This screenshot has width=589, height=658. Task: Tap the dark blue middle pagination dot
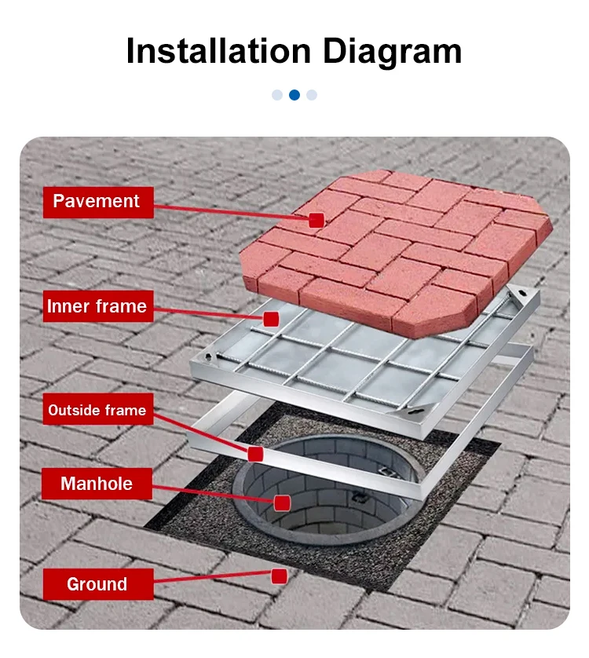(x=294, y=95)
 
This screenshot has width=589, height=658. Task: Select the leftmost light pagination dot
(x=277, y=95)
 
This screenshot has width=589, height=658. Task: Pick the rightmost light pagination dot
(x=312, y=95)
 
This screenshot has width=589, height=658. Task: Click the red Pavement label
(x=97, y=202)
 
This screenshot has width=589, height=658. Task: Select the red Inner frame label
(x=97, y=306)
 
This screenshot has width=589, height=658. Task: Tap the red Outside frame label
(x=97, y=411)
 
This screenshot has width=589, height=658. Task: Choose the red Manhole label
(x=97, y=484)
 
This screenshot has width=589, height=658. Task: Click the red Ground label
(x=97, y=584)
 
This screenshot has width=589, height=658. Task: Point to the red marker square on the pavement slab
(x=316, y=221)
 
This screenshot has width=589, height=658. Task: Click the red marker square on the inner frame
(x=271, y=319)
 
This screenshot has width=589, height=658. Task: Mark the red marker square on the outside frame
(x=254, y=453)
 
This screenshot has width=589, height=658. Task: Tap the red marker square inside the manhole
(x=282, y=503)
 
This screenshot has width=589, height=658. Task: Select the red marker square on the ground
(x=279, y=576)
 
